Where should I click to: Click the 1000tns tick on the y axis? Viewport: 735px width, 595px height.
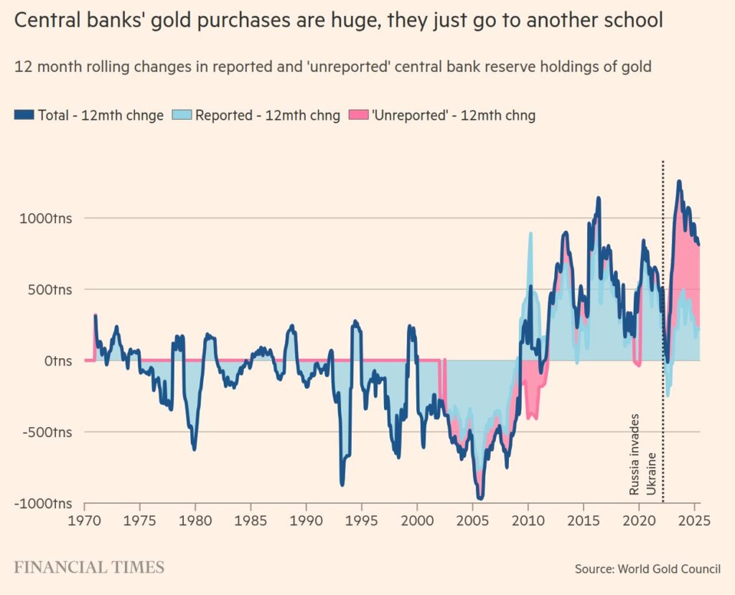click(x=46, y=218)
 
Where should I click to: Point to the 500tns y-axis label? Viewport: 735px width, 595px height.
click(x=49, y=289)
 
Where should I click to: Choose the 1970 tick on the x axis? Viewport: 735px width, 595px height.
click(x=85, y=519)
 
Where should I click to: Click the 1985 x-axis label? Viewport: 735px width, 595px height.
click(x=251, y=519)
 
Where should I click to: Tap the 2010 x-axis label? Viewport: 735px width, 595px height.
click(x=528, y=519)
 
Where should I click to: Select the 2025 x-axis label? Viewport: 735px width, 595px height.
click(x=694, y=519)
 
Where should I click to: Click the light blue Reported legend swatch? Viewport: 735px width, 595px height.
click(x=182, y=115)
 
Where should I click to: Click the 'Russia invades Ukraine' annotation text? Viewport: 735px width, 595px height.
click(x=642, y=454)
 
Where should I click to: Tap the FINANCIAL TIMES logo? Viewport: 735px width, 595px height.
click(x=89, y=568)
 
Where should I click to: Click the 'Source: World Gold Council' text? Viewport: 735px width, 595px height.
click(x=647, y=569)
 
